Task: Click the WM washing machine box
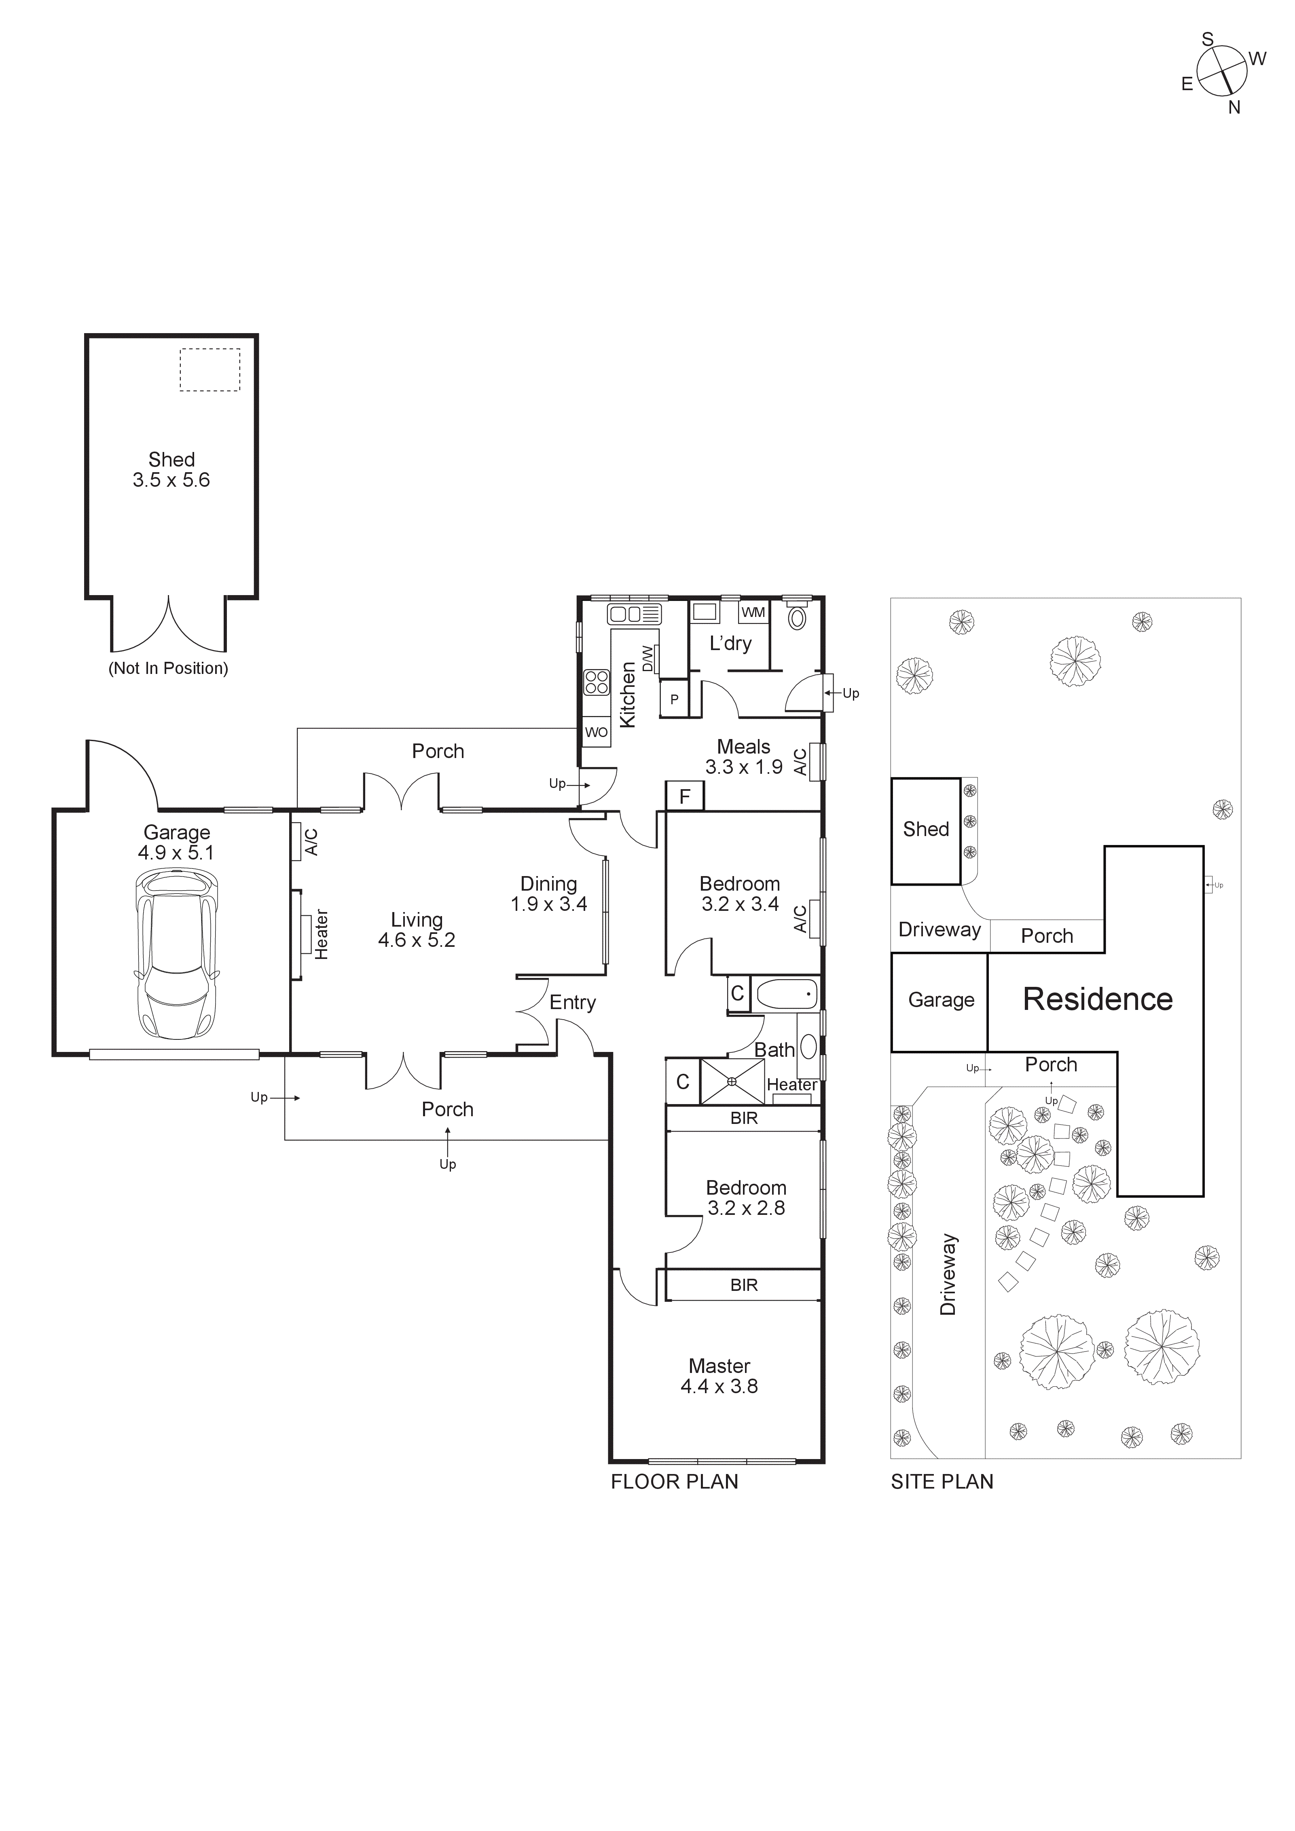pyautogui.click(x=753, y=612)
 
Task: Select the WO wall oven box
pyautogui.click(x=596, y=732)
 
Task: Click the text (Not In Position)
pyautogui.click(x=168, y=668)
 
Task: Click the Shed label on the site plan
pyautogui.click(x=926, y=829)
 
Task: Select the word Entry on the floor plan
pyautogui.click(x=572, y=1003)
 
